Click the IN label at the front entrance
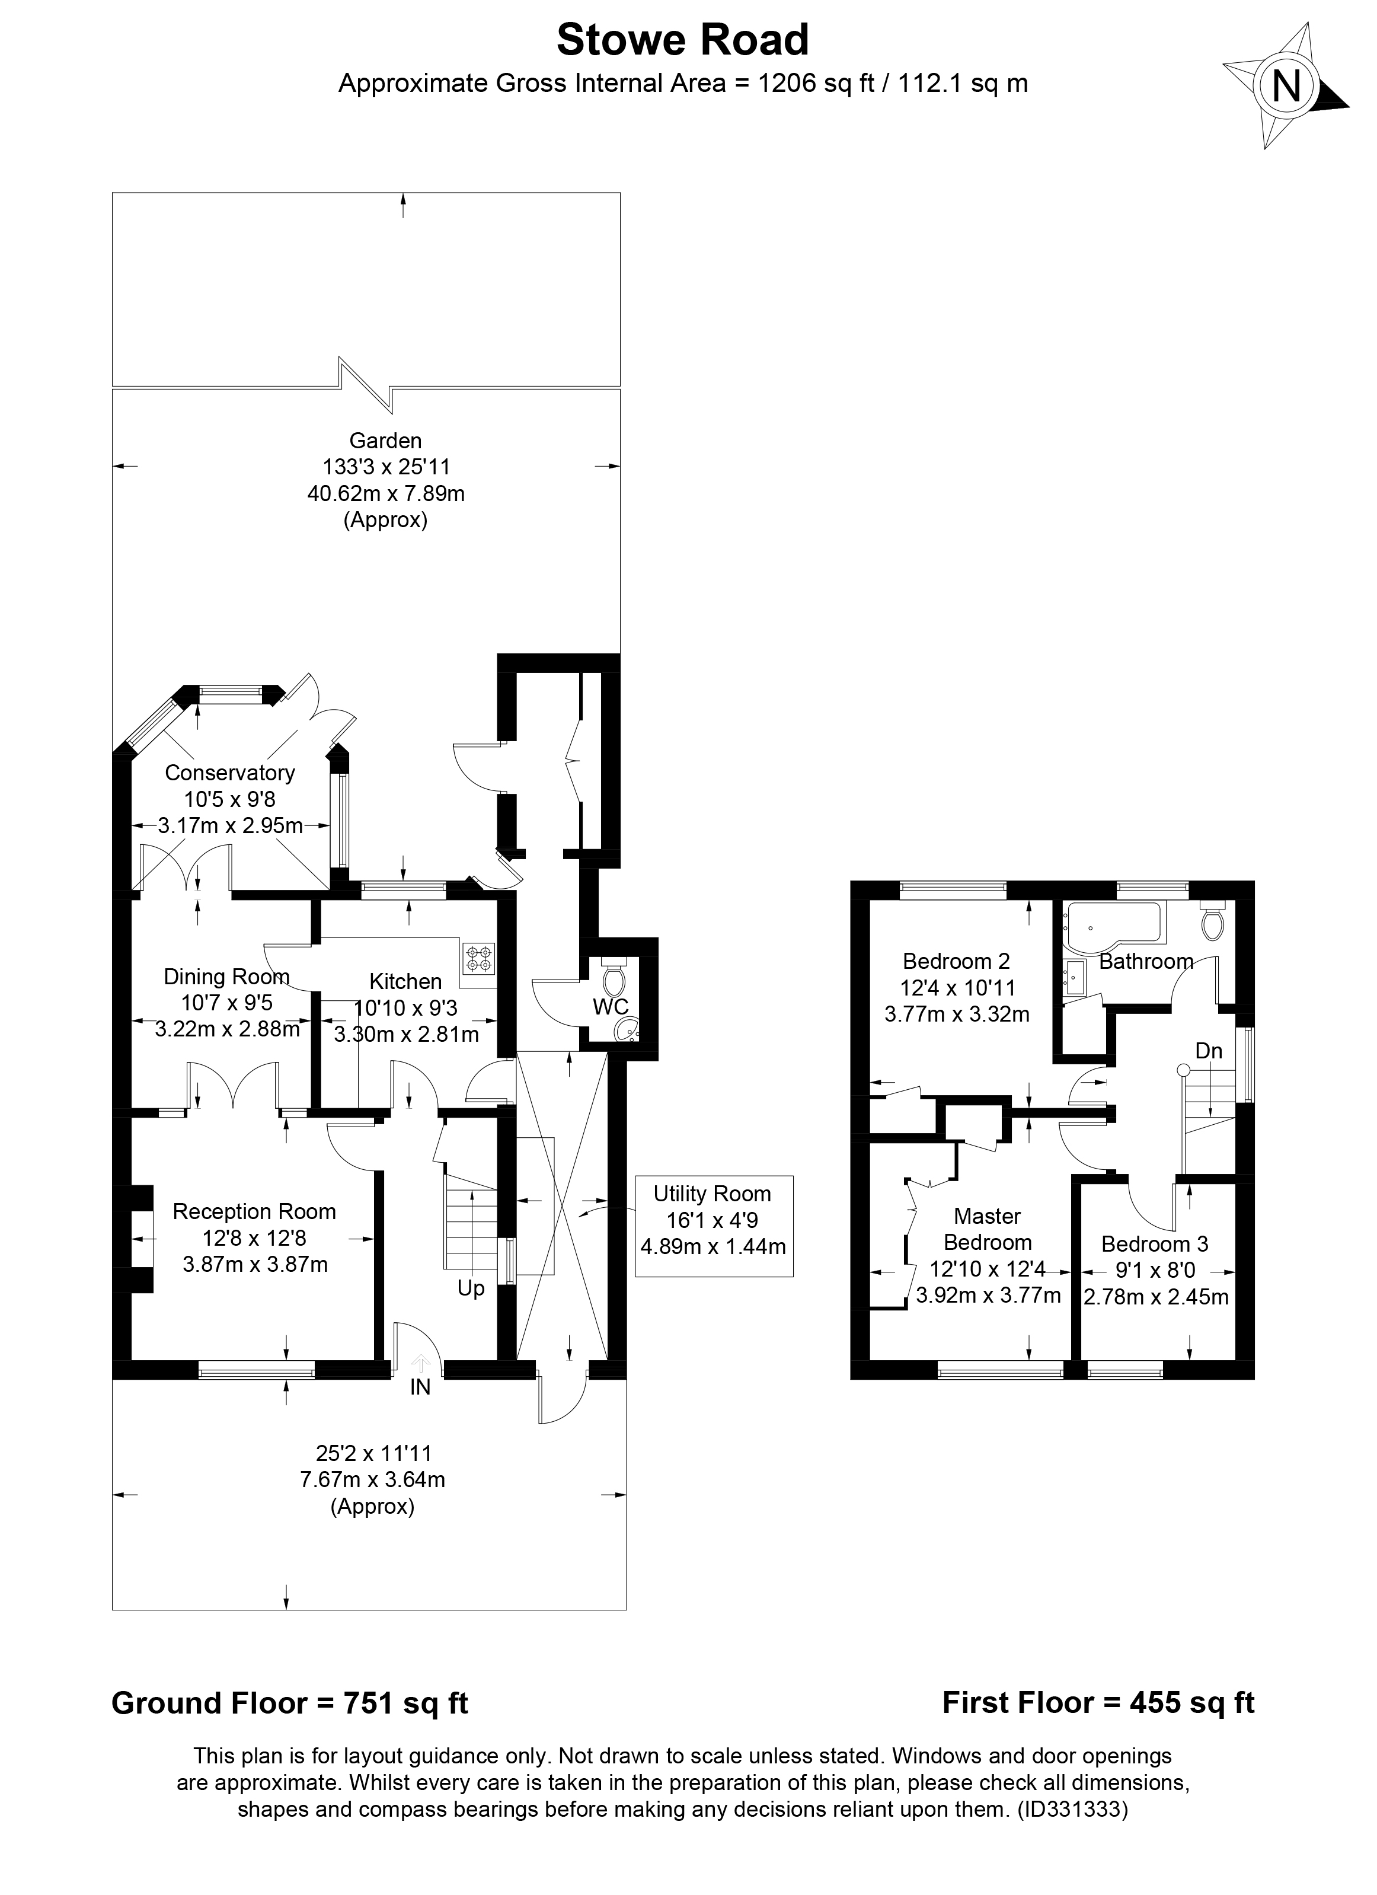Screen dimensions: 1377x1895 [x=420, y=1388]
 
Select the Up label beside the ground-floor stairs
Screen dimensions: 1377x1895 [x=471, y=1288]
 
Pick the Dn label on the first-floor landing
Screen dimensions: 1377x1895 [x=1208, y=1051]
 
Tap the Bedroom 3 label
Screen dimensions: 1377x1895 [x=1155, y=1244]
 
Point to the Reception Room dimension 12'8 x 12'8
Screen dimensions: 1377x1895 [x=255, y=1237]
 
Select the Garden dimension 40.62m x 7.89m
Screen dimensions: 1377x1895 [x=386, y=494]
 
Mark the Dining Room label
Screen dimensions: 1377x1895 [x=226, y=977]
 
